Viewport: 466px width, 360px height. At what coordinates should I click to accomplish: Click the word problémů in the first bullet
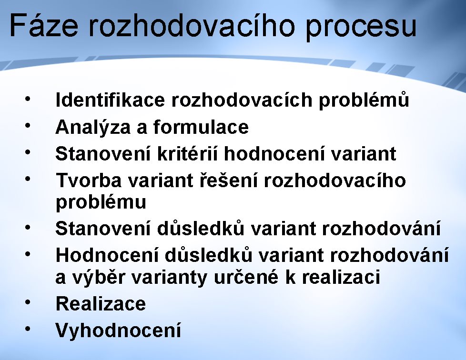tap(364, 100)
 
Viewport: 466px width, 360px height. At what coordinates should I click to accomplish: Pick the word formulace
tap(201, 127)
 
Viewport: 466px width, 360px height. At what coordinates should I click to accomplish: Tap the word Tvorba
tap(89, 180)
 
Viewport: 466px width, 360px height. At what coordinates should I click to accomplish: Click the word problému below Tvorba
tap(101, 202)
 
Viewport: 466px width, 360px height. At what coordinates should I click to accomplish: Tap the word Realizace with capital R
tap(101, 303)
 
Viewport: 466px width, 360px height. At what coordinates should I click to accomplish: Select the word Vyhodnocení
tap(118, 330)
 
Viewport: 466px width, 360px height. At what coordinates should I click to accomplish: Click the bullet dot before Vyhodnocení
tap(28, 329)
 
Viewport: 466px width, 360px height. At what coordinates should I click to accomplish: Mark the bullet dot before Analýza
tap(28, 125)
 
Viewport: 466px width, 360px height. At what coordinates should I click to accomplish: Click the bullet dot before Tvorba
tap(28, 179)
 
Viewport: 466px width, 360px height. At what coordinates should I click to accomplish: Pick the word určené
tap(246, 277)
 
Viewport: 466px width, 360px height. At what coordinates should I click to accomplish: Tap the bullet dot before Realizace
tap(28, 302)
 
